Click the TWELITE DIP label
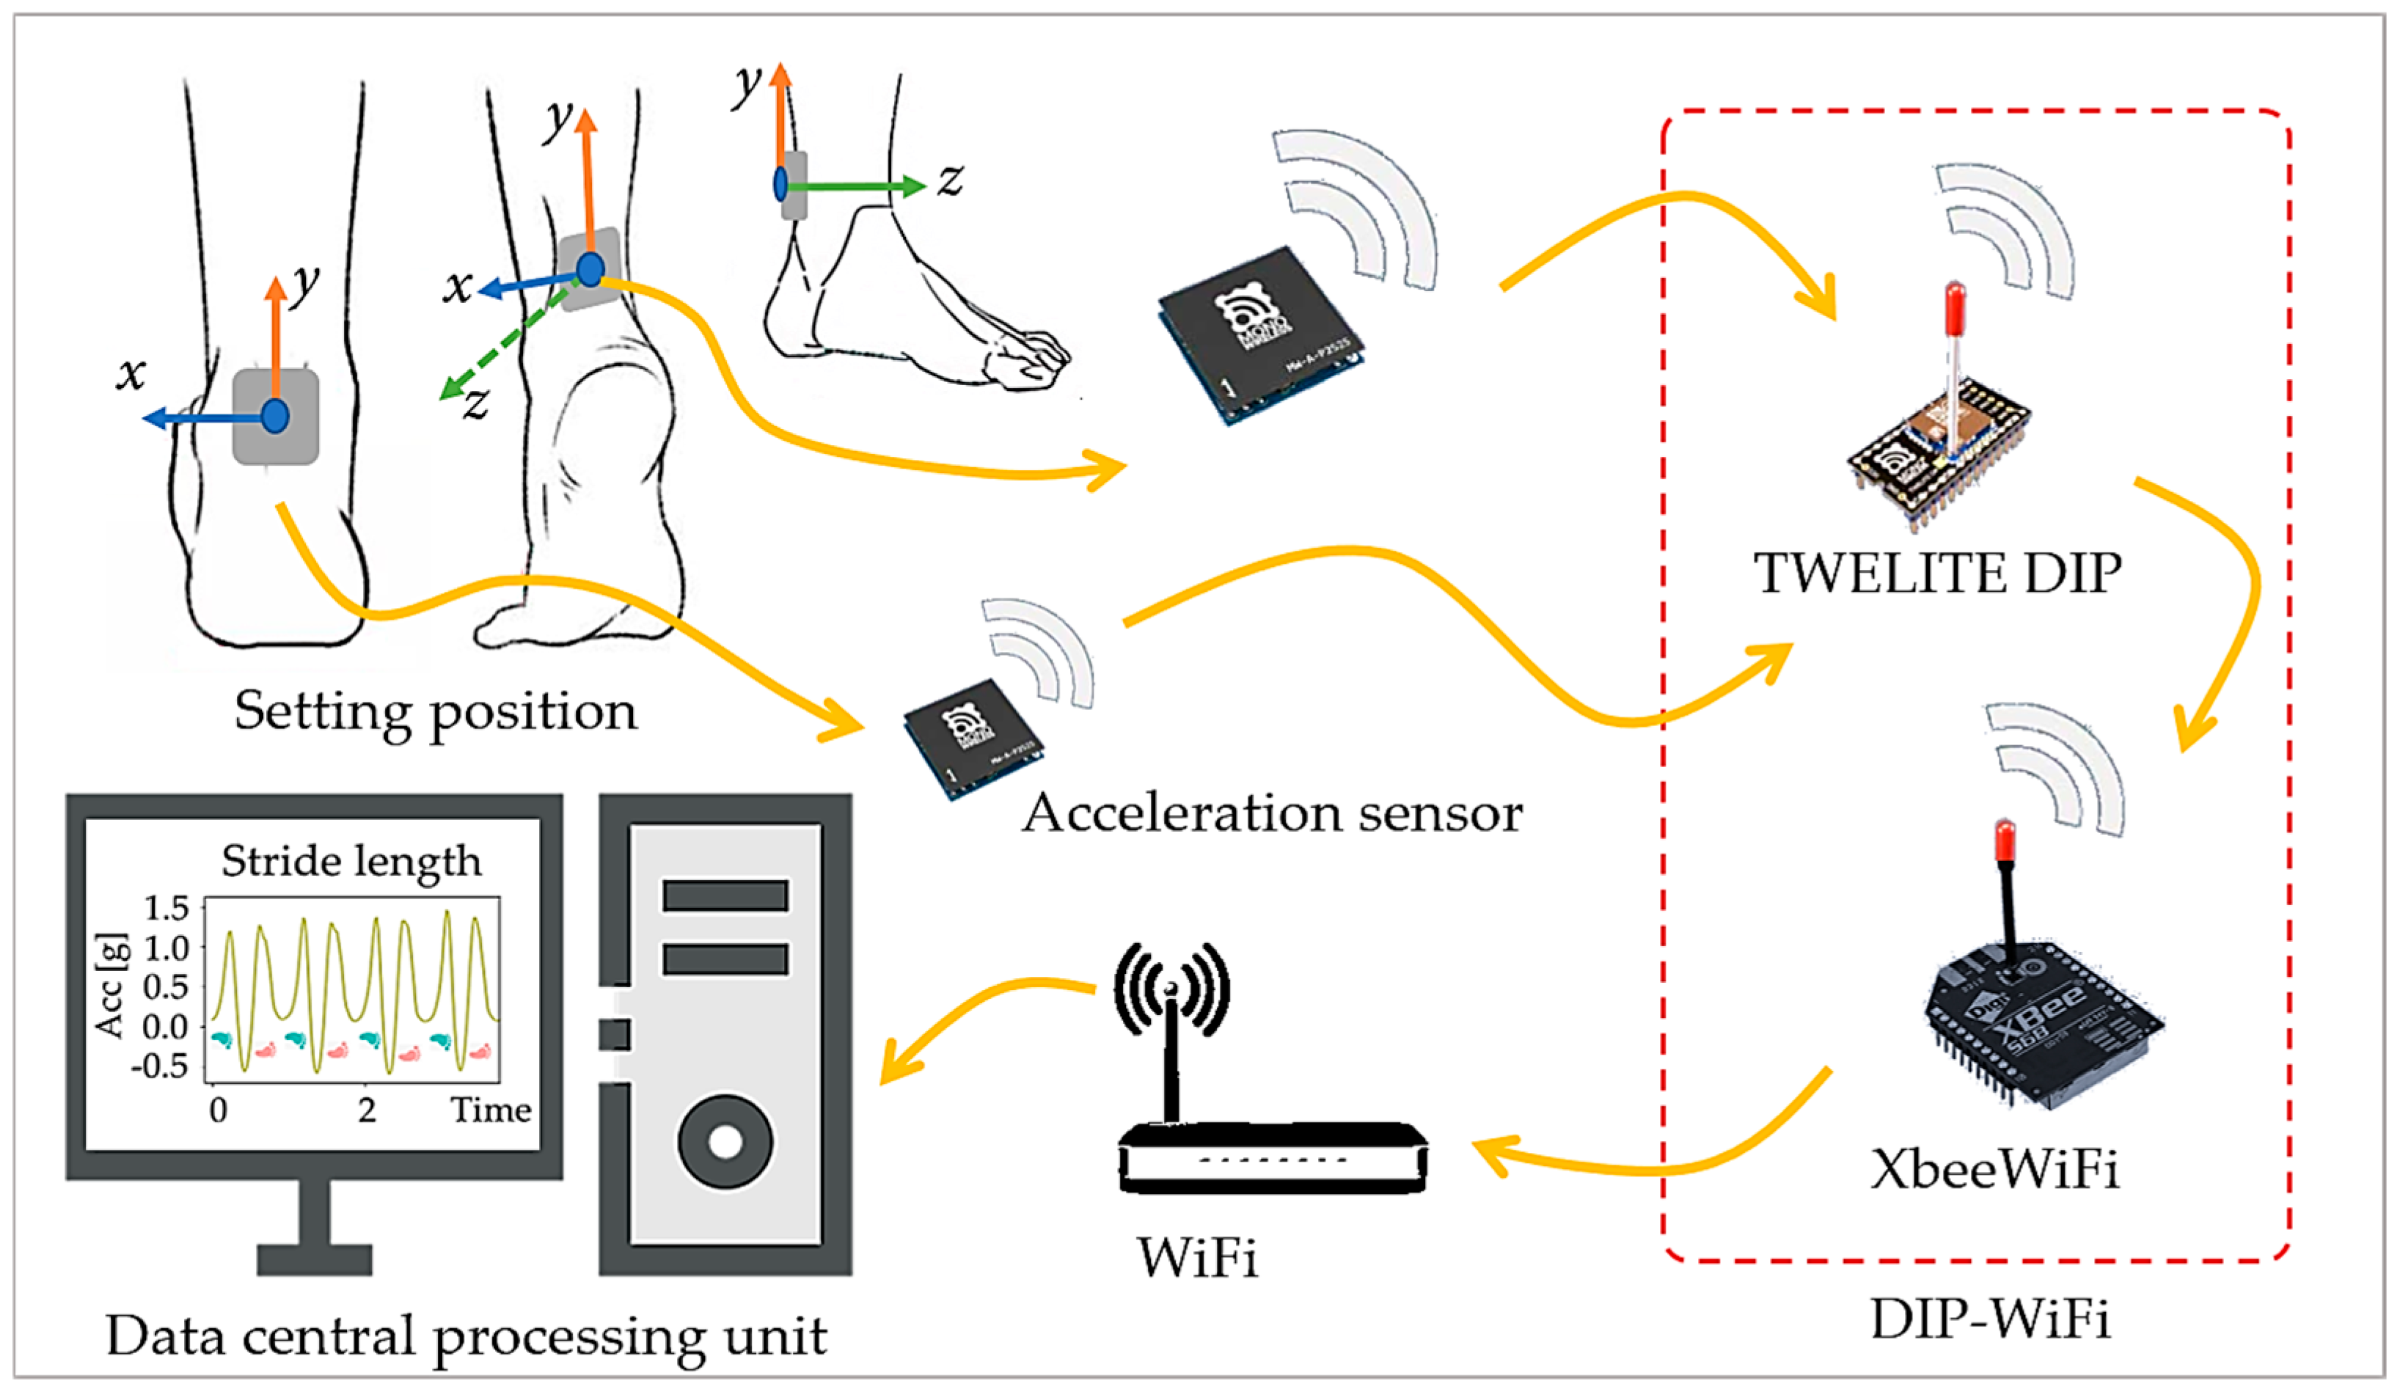pos(1937,574)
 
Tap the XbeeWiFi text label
pos(1994,1168)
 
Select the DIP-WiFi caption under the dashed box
pos(1991,1319)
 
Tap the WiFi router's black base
pos(1273,1159)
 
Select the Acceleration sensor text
pos(1273,814)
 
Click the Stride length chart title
pos(351,861)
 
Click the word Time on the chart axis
pos(491,1110)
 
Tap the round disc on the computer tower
pos(725,1142)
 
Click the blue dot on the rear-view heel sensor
pos(275,416)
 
